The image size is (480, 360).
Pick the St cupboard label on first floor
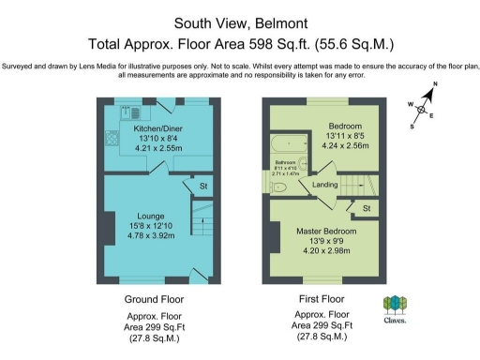(367, 207)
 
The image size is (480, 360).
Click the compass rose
(425, 109)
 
